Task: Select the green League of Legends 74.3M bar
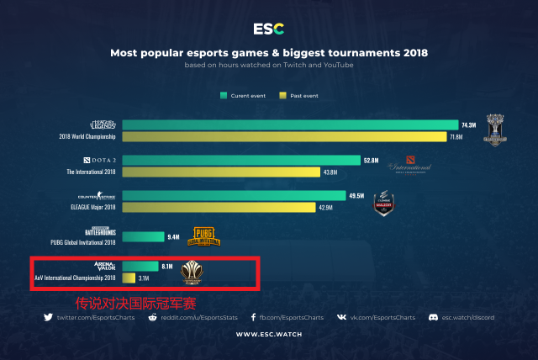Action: tap(290, 124)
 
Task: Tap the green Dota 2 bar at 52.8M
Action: tap(240, 160)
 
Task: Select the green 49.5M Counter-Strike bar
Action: tap(233, 195)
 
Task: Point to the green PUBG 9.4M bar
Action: tap(143, 236)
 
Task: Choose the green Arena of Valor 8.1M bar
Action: tap(140, 266)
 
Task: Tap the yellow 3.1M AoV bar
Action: tap(129, 278)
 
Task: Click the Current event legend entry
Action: tap(243, 95)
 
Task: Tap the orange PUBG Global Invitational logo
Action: tap(206, 236)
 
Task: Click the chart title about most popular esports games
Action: tap(269, 52)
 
